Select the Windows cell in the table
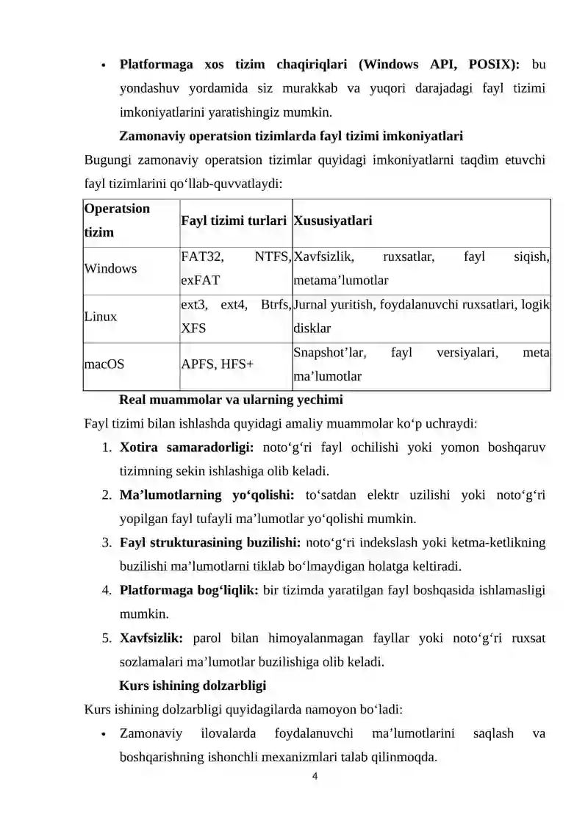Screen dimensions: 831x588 (111, 269)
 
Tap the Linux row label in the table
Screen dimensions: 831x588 (101, 317)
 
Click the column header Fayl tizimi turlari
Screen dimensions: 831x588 (234, 220)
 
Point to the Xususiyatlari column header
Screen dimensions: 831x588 (332, 220)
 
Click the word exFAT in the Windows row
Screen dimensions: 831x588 (199, 281)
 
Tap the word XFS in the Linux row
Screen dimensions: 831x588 (193, 328)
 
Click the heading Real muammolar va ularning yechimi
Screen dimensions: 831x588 (231, 401)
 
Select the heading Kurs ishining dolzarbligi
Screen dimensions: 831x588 (193, 686)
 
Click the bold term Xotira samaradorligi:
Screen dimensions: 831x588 (187, 447)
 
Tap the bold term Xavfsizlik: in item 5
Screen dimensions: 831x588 (151, 638)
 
